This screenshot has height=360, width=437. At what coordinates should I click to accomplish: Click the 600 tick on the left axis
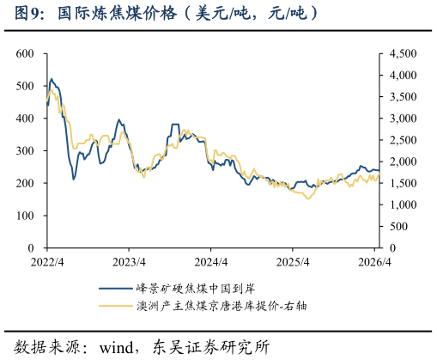[x=25, y=53]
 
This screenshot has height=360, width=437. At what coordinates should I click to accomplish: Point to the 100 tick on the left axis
[x=25, y=216]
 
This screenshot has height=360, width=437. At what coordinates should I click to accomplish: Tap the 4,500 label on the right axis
[x=403, y=53]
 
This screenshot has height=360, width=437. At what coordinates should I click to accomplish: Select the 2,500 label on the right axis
[x=403, y=140]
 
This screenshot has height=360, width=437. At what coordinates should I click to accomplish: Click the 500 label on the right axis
[x=399, y=227]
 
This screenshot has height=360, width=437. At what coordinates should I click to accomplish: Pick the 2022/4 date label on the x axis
[x=47, y=262]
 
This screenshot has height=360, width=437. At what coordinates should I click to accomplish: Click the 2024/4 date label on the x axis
[x=211, y=262]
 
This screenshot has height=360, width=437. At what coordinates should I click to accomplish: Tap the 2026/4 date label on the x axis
[x=374, y=262]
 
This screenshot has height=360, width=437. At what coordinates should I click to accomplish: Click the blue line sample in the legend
[x=116, y=289]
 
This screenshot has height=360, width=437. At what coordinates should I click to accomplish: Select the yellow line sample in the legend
[x=116, y=306]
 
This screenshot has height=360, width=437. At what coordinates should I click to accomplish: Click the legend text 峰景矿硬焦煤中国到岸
[x=196, y=289]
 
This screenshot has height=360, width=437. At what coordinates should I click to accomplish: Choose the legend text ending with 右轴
[x=222, y=306]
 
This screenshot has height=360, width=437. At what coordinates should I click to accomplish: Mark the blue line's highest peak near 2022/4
[x=52, y=79]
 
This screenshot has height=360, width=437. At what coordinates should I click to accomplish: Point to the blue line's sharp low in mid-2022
[x=74, y=180]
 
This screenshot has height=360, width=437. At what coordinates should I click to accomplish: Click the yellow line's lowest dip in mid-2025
[x=308, y=198]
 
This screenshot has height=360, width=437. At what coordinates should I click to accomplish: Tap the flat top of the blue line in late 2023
[x=175, y=125]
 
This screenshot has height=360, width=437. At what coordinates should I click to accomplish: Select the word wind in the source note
[x=117, y=348]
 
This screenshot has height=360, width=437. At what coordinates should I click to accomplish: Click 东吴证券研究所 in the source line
[x=211, y=347]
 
